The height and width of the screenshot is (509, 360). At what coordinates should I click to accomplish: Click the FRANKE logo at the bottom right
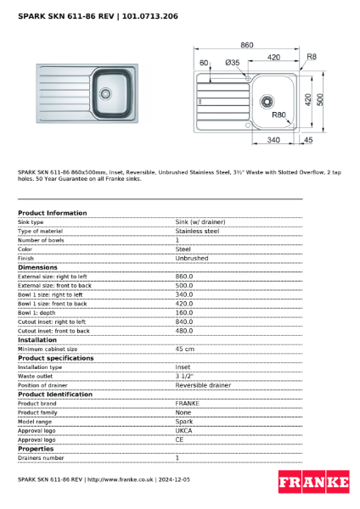[x=313, y=483]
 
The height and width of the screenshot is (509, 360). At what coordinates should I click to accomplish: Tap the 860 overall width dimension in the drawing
[x=247, y=44]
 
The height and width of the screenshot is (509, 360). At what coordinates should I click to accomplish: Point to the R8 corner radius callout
[x=311, y=57]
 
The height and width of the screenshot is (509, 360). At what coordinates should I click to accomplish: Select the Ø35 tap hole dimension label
[x=232, y=63]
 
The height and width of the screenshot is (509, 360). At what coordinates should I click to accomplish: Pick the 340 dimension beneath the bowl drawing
[x=273, y=139]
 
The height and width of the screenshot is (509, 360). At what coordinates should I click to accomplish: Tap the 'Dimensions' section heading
[x=38, y=267]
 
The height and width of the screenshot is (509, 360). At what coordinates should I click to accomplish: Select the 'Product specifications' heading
[x=56, y=358]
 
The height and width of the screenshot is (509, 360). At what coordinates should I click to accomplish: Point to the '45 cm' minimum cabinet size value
[x=184, y=349]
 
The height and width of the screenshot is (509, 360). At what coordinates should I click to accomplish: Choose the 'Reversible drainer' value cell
[x=202, y=385]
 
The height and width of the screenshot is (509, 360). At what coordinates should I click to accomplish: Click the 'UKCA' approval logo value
[x=184, y=430]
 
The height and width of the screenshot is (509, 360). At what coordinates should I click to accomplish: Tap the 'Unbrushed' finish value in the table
[x=191, y=258]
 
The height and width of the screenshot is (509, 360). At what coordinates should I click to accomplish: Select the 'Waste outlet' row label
[x=35, y=376]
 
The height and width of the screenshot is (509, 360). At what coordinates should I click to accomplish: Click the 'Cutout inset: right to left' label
[x=52, y=322]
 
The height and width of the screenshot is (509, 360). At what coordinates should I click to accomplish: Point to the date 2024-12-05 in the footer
[x=175, y=479]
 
